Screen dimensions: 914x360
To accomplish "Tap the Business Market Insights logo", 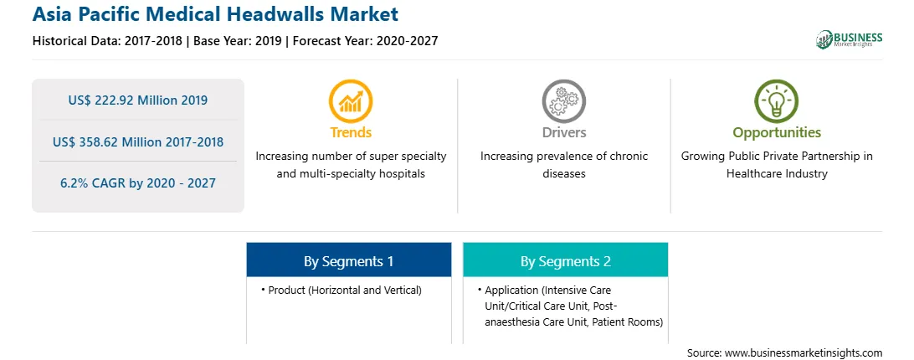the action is tap(849, 39).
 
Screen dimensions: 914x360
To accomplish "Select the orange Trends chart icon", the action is tap(351, 101).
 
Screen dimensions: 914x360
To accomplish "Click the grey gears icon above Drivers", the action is tap(563, 101).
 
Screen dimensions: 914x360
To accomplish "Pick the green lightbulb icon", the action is tap(777, 101).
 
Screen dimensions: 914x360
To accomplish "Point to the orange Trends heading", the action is tap(351, 132).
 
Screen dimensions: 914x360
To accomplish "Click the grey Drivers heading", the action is tap(564, 132).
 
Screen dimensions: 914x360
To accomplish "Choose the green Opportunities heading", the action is tap(777, 133).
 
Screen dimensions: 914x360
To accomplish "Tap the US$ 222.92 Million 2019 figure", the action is tap(137, 100).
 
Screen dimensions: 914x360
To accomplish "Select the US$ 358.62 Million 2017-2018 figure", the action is tap(137, 141).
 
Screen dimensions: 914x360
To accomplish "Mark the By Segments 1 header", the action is tap(348, 261).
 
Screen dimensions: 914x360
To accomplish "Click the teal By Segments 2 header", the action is tap(566, 261).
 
